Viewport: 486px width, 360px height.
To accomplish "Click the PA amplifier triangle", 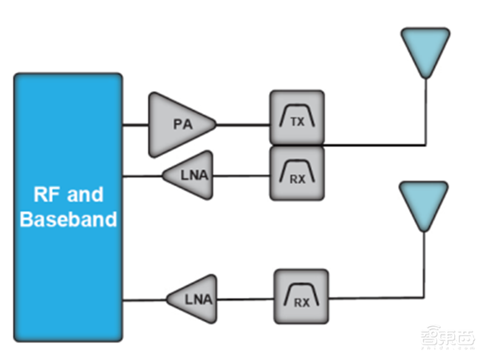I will click(179, 124).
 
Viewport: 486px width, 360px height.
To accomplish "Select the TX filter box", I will click(296, 118).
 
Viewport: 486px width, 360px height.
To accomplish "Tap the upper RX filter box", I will click(296, 173).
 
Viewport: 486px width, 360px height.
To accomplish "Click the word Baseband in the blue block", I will click(68, 219).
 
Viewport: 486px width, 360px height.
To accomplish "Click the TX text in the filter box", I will click(297, 122).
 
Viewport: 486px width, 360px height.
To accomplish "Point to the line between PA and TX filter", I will click(243, 126).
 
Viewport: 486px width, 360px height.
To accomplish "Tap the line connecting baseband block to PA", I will click(135, 126).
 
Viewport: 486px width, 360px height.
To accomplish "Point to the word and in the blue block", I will click(84, 195).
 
